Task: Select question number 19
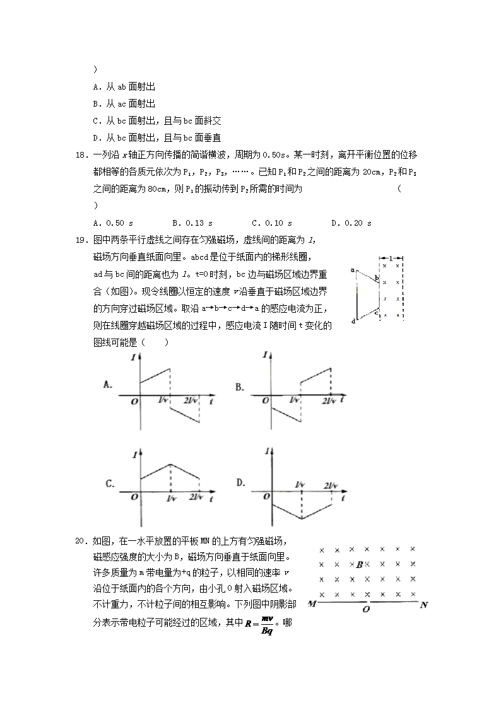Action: coord(81,240)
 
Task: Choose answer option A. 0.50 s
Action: coord(113,223)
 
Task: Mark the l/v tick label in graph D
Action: coord(300,485)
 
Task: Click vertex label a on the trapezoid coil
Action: coord(351,270)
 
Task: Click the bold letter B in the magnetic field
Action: coord(359,565)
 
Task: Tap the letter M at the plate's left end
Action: coord(312,605)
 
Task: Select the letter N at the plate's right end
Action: coord(424,605)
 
